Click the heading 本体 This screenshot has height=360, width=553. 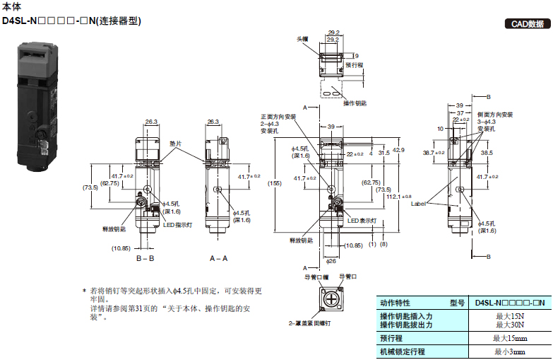(11, 6)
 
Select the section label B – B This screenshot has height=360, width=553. (145, 259)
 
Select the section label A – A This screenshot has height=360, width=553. (218, 259)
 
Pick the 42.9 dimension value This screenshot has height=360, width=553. (399, 150)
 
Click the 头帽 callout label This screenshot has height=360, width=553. (303, 39)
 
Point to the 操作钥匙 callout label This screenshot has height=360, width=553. (355, 103)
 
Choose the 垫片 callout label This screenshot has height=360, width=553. (175, 144)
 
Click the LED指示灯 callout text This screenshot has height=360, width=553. (178, 226)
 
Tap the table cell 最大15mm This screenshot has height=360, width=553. (509, 338)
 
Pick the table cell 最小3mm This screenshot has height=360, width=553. (509, 352)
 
